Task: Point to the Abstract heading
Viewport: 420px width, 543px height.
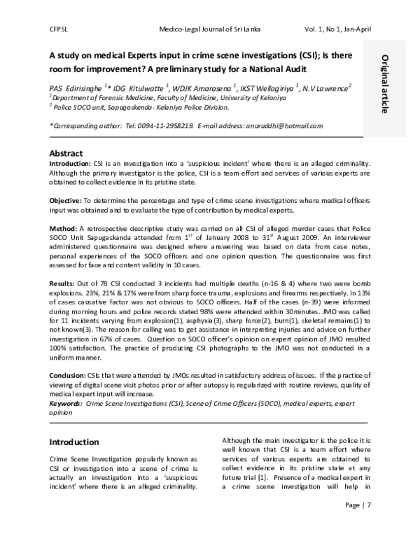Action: [66, 153]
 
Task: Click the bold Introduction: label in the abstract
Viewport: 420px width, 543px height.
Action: [71, 163]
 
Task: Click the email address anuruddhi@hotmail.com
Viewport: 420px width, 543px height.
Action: [283, 126]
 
